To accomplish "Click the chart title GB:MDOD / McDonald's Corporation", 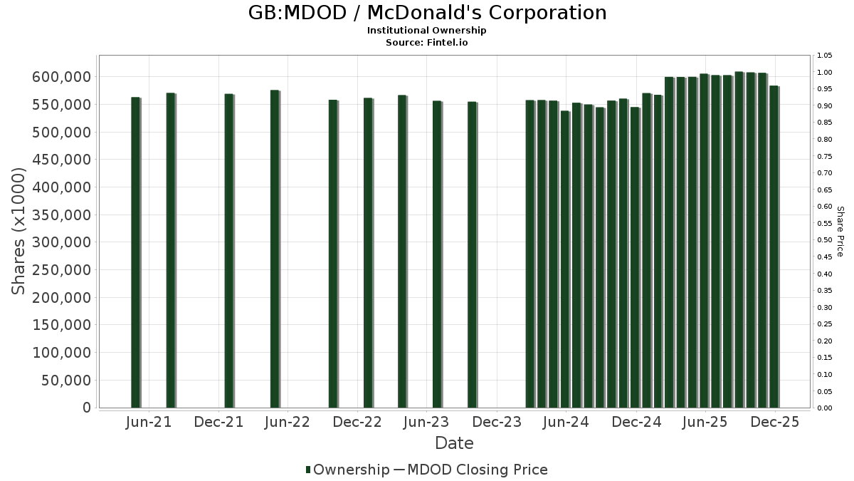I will point(427,13).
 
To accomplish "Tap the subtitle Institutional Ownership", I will point(427,31).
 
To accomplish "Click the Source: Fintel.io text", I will point(427,43).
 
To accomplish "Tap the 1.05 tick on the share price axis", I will point(825,56).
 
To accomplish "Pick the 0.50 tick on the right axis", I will point(825,240).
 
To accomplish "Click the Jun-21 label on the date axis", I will point(148,422).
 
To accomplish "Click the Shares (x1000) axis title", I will point(19,231).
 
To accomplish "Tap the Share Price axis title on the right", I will point(840,231).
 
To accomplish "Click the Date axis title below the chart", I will point(454,443).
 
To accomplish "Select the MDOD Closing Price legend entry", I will point(470,470).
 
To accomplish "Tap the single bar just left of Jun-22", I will point(275,249).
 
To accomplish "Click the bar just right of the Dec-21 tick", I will point(228,250).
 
